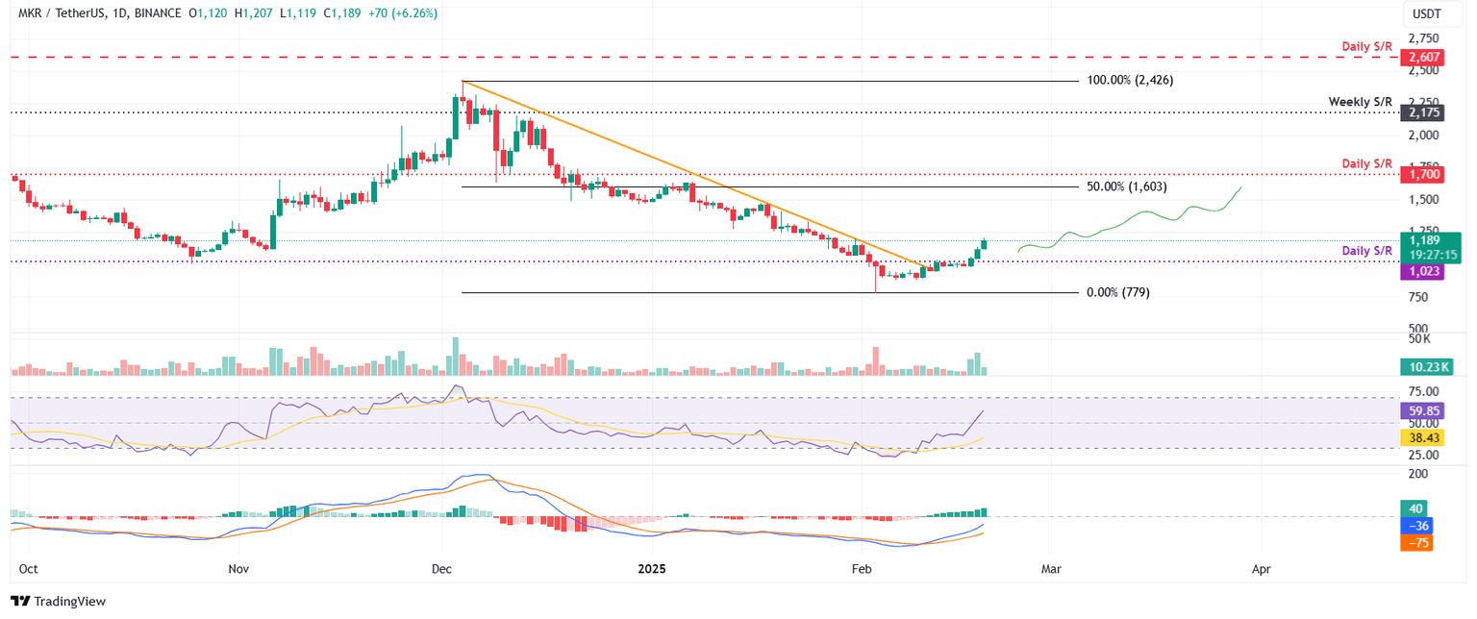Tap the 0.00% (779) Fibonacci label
[1118, 292]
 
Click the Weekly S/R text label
[1360, 101]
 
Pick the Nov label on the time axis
[238, 569]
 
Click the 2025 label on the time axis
[653, 569]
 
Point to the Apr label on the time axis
[1261, 569]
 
